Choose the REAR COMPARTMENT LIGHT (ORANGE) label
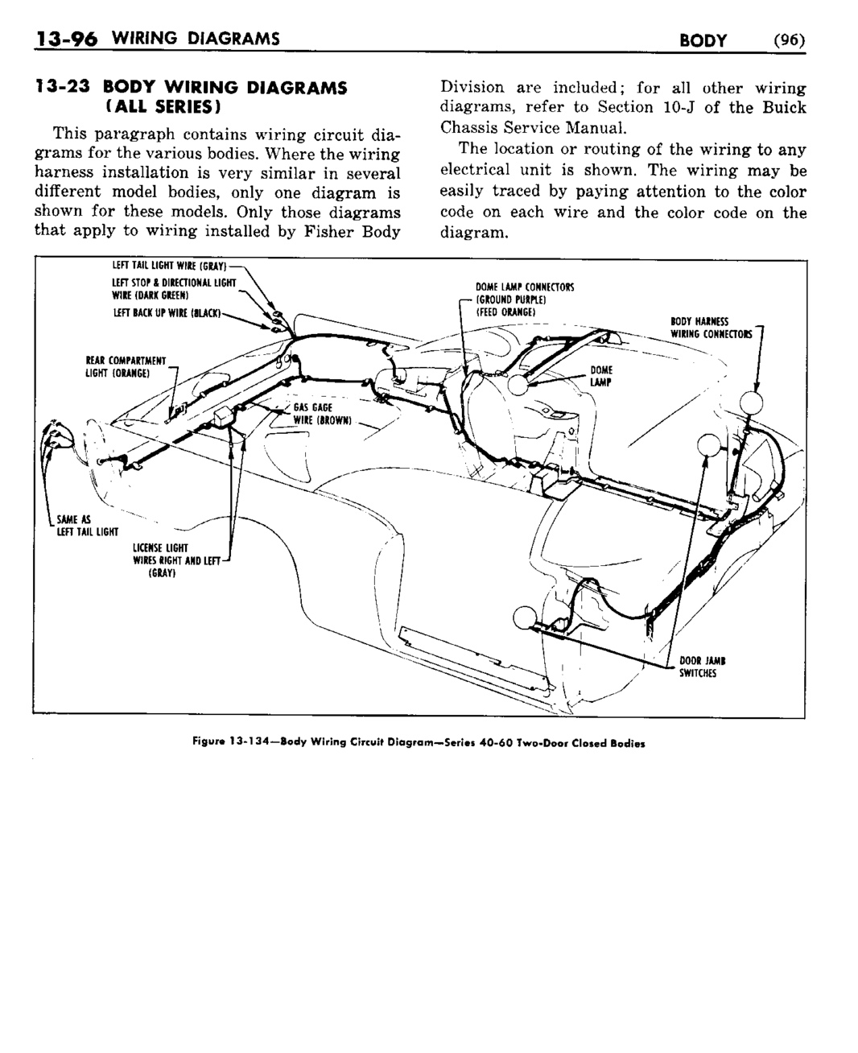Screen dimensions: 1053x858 (x=126, y=365)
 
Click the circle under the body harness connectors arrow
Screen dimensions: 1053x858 (x=752, y=402)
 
